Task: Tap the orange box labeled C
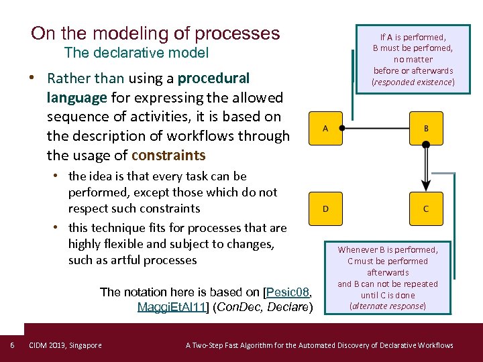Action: coord(425,208)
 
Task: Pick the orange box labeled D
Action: coord(325,208)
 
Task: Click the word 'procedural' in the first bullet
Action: coord(213,78)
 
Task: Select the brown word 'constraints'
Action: coord(168,156)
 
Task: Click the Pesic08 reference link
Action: coord(288,292)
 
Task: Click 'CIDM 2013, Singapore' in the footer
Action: coord(65,345)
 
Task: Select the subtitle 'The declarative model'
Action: coord(136,53)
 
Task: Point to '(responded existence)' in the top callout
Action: coord(413,82)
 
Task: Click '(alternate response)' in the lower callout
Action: coord(388,306)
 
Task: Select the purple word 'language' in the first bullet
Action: coord(76,98)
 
